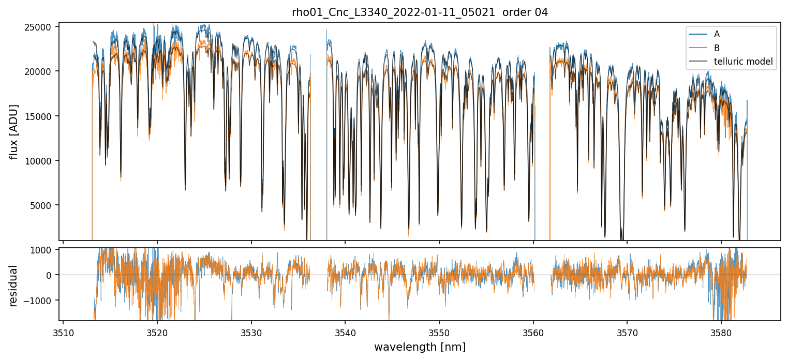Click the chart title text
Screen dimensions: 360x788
420,12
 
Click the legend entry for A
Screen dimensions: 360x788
717,34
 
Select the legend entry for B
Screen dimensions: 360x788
717,48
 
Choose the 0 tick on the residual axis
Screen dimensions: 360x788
50,275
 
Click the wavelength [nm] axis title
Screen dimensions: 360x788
420,347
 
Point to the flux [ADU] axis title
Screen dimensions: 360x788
14,131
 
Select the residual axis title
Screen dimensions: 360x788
14,286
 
